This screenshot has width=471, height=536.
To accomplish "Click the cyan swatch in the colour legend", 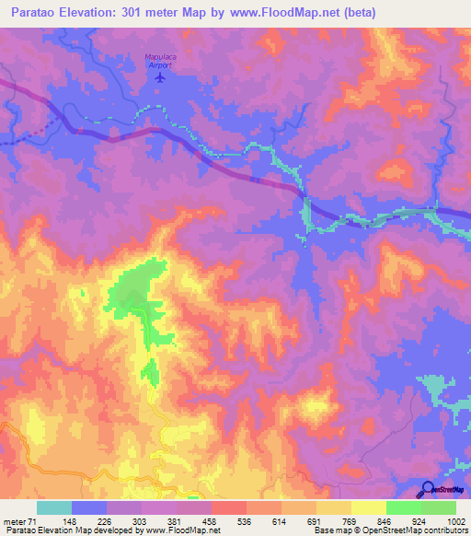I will (54, 507).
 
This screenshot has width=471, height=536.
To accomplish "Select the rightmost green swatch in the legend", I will (439, 507).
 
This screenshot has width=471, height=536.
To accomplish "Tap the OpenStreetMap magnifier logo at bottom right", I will (430, 489).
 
